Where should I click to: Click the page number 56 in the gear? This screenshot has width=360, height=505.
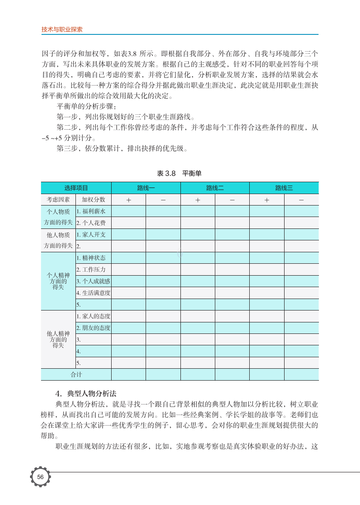[40, 477]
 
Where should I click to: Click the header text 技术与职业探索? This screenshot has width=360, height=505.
[62, 30]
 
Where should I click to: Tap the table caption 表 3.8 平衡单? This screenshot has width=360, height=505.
[179, 173]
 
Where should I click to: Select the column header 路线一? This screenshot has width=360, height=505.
[146, 188]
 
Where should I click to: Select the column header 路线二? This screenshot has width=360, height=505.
[215, 188]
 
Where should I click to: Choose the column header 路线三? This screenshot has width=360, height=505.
[284, 188]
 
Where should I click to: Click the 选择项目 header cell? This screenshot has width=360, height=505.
[76, 188]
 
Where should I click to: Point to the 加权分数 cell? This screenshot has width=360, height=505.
[93, 199]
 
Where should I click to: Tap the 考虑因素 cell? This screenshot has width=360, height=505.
[58, 199]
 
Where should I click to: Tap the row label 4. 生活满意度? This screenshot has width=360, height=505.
[93, 293]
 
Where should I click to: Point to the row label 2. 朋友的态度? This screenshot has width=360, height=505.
[93, 328]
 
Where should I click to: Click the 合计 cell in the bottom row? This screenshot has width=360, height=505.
[76, 374]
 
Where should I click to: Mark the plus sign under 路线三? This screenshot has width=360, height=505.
[267, 200]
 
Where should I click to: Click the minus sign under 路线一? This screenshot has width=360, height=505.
[163, 200]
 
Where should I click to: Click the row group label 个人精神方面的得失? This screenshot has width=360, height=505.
[58, 281]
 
